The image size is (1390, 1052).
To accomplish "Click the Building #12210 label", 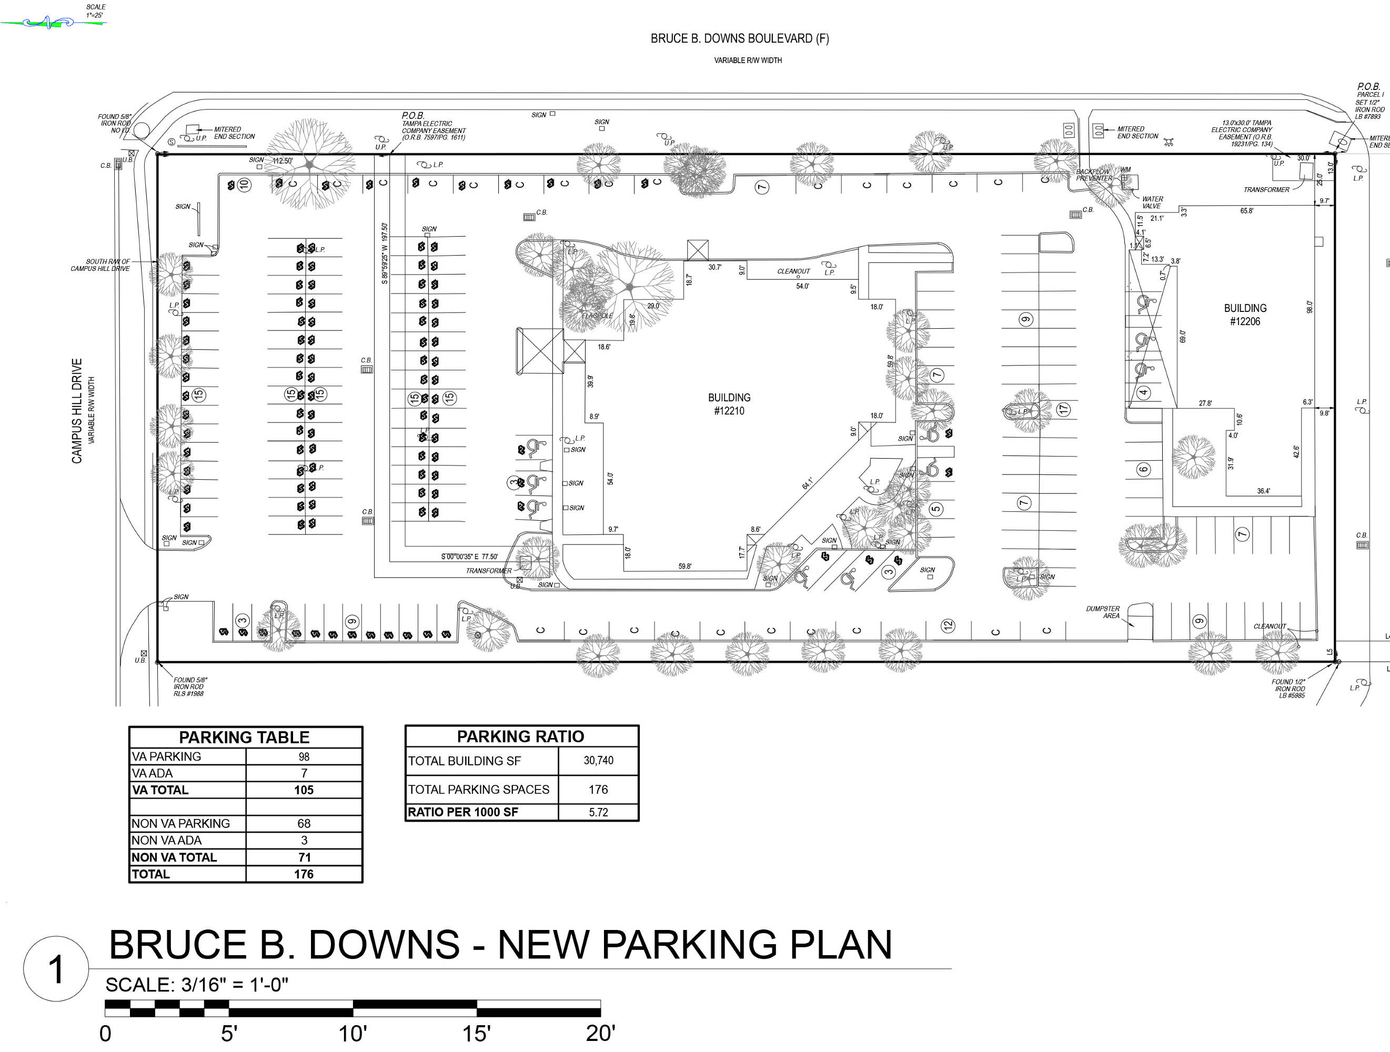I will click(729, 404).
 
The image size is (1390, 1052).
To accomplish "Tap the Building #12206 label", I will click(1245, 314).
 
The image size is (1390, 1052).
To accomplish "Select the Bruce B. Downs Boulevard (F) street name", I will click(740, 38).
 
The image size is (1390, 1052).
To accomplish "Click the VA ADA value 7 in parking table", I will click(304, 773).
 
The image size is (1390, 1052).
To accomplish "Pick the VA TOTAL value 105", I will click(304, 790).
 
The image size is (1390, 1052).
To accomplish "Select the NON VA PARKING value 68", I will click(304, 823).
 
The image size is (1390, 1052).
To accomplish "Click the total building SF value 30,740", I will click(598, 761).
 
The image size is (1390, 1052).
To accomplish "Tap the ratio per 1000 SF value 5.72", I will click(598, 812).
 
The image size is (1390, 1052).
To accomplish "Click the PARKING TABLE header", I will click(245, 737).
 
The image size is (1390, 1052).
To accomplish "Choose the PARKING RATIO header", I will click(520, 736).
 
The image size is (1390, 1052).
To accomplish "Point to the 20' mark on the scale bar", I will click(600, 1033).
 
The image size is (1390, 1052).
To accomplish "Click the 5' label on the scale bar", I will click(229, 1033).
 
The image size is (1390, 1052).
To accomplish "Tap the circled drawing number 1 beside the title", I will click(56, 968).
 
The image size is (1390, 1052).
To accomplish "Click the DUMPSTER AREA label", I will click(1103, 612).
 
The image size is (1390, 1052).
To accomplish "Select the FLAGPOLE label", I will click(597, 316).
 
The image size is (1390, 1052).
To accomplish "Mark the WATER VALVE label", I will click(1153, 203).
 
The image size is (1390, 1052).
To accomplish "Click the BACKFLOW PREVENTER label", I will click(1093, 175).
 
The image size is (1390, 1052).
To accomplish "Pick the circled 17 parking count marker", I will click(1063, 409).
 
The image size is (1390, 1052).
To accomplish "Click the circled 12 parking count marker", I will click(948, 625).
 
